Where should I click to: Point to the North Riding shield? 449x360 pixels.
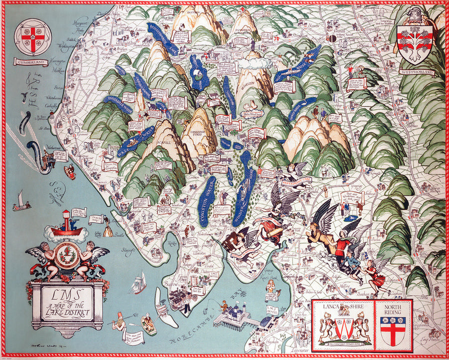[x=394, y=330]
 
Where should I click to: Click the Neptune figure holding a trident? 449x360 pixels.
[x=120, y=325]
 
